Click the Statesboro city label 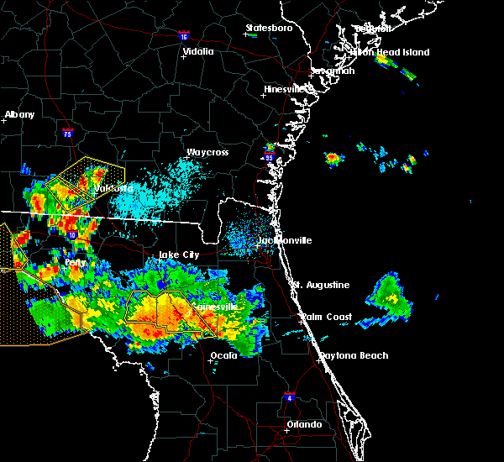coord(269,29)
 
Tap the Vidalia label coord(198,51)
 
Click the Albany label coord(20,114)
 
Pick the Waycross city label coord(207,152)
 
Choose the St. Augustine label coord(321,285)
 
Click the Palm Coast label coord(328,317)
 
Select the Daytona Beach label coord(354,355)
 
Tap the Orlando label coord(304,424)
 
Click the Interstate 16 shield coord(184,36)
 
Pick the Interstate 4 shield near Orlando coord(290,395)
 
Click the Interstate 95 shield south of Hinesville coord(269,157)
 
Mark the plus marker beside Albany coord(4,121)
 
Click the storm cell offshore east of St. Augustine coord(390,293)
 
